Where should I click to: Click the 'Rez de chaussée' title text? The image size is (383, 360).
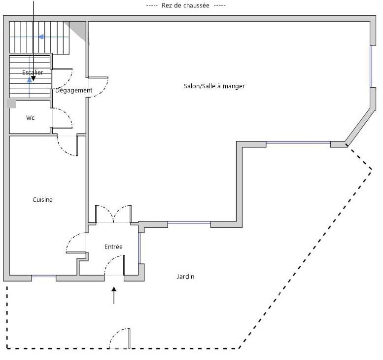(x=185, y=5)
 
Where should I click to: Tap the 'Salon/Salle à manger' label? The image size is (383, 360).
(x=214, y=86)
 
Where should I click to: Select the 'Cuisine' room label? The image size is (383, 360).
(x=42, y=200)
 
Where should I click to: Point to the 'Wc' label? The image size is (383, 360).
(x=30, y=118)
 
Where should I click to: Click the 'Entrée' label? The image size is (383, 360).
(x=113, y=247)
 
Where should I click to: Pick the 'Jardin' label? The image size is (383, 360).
(x=185, y=277)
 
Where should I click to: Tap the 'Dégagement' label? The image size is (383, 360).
(x=73, y=90)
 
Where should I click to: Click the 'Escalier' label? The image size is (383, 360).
(x=33, y=72)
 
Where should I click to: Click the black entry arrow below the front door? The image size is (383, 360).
(x=114, y=295)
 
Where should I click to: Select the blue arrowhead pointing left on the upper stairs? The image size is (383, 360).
(x=41, y=36)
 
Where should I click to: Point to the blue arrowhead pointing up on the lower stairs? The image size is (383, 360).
(x=29, y=80)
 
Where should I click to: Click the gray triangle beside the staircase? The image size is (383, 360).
(x=79, y=29)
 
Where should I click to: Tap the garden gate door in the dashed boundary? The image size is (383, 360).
(x=119, y=338)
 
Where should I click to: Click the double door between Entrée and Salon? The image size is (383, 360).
(x=113, y=214)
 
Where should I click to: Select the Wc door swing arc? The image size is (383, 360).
(x=63, y=117)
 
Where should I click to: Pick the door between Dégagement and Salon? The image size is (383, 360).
(x=98, y=87)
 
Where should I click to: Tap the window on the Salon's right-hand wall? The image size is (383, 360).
(x=371, y=66)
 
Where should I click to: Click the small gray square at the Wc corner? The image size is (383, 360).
(x=11, y=104)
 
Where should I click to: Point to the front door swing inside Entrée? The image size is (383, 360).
(x=114, y=265)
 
